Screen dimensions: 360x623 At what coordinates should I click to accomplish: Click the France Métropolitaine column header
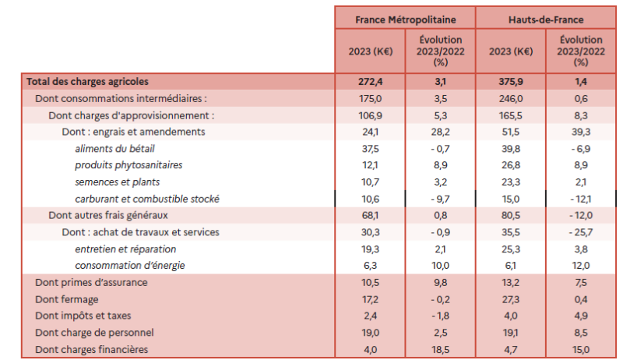[404, 19]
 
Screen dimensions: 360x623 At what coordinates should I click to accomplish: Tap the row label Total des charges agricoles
[87, 81]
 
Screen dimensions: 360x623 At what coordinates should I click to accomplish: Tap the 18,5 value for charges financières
[441, 350]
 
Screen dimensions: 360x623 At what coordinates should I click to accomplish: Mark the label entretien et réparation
[125, 249]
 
